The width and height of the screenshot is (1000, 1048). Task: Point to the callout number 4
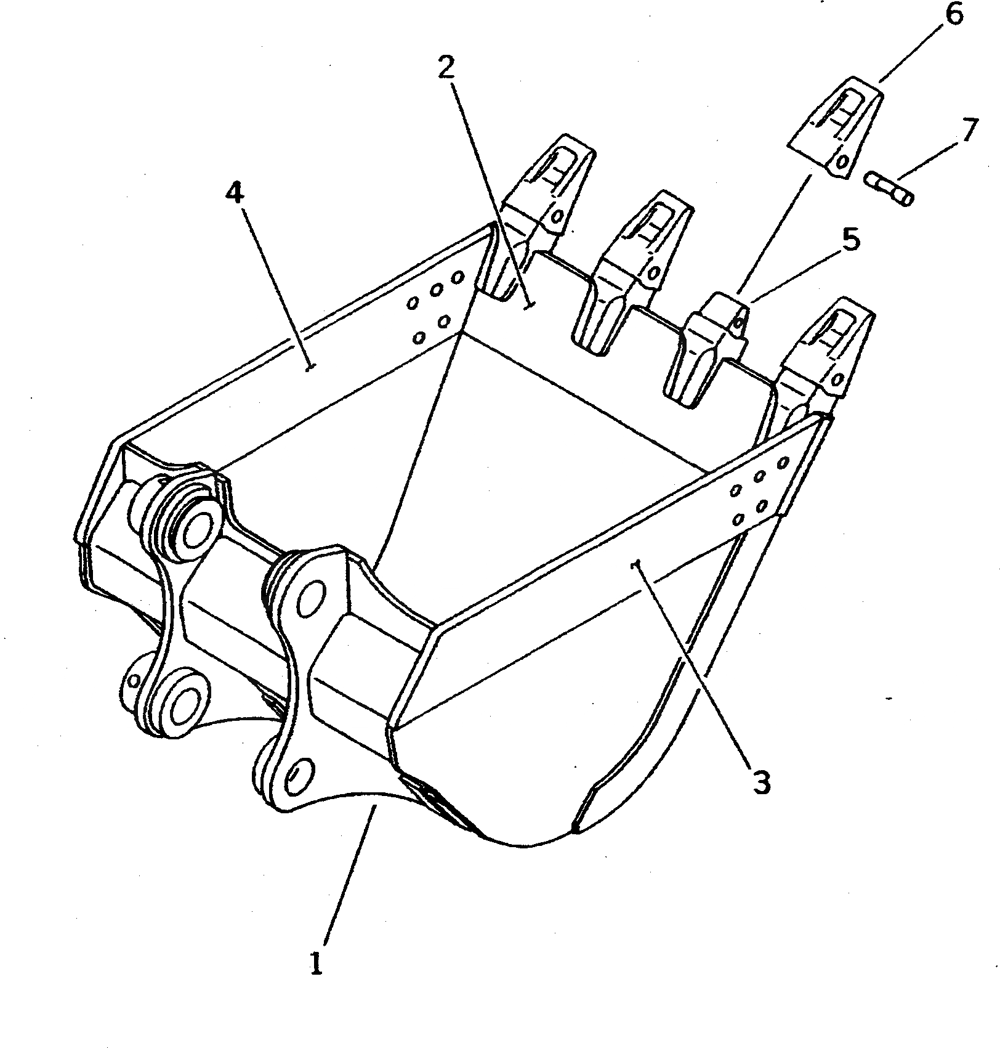(235, 194)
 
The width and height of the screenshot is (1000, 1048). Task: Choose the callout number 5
(850, 241)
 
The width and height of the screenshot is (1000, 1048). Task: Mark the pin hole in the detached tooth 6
(842, 162)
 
